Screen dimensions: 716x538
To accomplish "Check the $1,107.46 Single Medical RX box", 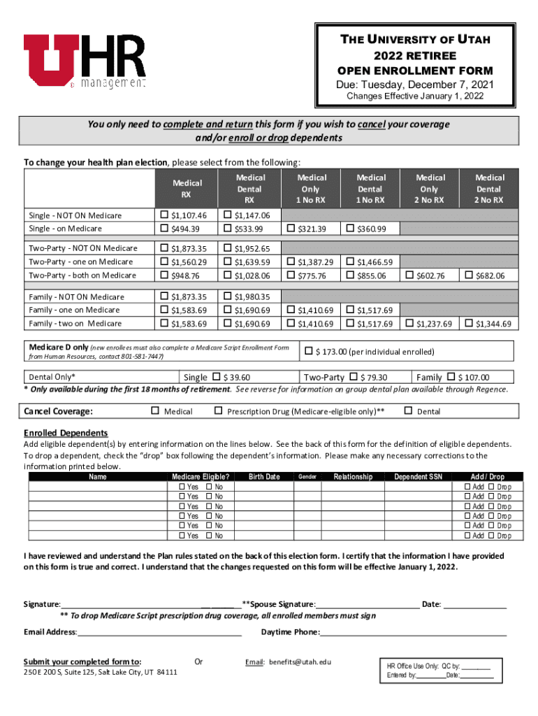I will (x=164, y=215).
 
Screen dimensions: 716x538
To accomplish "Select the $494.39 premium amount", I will (x=185, y=229).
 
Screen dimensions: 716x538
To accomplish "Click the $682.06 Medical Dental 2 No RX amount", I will (x=490, y=275).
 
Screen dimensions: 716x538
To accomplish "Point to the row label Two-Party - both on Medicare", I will (x=82, y=275).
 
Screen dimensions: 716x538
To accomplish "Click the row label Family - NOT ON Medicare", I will (x=76, y=296).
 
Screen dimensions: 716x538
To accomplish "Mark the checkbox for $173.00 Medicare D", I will (x=308, y=351).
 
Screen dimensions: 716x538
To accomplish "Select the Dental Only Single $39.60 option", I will (x=216, y=377).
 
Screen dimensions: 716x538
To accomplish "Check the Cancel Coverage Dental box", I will (x=409, y=411).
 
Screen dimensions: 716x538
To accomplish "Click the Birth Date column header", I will (x=264, y=477).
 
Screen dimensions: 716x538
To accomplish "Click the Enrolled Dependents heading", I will (x=66, y=433).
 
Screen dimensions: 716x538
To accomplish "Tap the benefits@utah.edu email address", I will (x=300, y=661).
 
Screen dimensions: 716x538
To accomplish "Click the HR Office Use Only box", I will (x=444, y=671).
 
